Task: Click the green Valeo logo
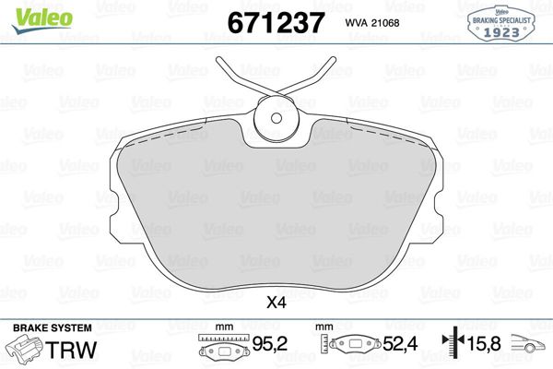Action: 42,20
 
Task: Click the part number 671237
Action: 276,23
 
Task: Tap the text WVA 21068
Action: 372,23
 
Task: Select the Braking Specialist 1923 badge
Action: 500,24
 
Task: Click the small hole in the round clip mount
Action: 276,118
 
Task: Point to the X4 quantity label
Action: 276,303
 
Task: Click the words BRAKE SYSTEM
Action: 53,328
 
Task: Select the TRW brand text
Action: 71,350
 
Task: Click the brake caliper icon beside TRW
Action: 24,349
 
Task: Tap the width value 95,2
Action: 270,343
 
